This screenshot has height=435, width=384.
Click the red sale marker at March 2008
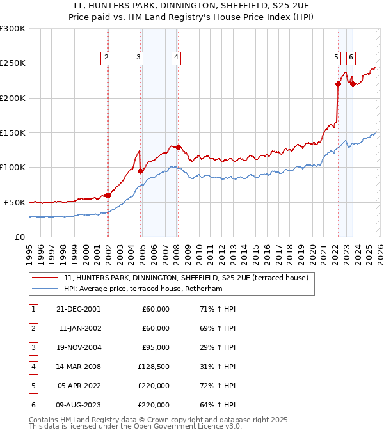point(178,147)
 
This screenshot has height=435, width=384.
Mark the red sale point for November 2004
point(140,171)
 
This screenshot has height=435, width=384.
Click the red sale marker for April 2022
point(337,84)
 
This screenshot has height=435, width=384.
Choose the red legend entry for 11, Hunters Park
point(186,278)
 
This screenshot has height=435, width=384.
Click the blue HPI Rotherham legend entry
point(150,289)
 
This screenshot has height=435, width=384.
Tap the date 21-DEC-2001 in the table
point(78,309)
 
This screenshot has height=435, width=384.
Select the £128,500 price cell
point(154,367)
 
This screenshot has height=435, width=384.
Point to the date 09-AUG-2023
point(78,405)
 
